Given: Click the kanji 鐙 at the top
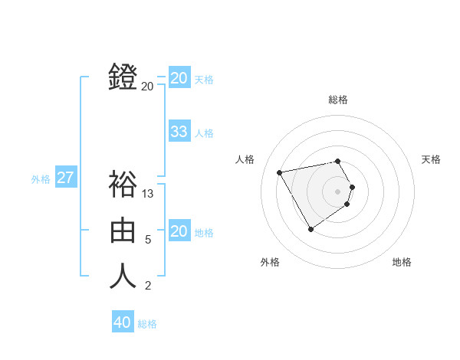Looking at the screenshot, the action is tap(123, 77).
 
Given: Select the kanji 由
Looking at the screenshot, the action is tap(123, 230).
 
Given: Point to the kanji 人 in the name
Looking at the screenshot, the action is tap(123, 276).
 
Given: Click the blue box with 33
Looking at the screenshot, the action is tap(179, 132).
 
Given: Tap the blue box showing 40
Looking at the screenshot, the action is tap(123, 322).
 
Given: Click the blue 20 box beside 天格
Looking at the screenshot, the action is tap(179, 78).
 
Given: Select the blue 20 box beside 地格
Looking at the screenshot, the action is tap(179, 231).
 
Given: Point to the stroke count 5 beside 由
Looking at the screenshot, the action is tap(148, 240).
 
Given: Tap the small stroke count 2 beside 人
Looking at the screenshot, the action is tap(148, 286).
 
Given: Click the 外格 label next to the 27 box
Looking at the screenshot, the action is tap(41, 179).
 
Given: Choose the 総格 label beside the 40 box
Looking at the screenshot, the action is tap(147, 324).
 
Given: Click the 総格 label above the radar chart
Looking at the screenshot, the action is tap(338, 100).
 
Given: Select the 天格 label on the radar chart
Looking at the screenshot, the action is tap(431, 159).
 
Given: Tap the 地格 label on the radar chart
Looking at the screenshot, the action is tap(402, 263).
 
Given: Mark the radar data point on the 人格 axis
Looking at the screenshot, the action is tap(280, 172).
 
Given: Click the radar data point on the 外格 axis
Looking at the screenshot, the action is tap(310, 229).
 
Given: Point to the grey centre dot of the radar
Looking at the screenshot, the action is tap(338, 191).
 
